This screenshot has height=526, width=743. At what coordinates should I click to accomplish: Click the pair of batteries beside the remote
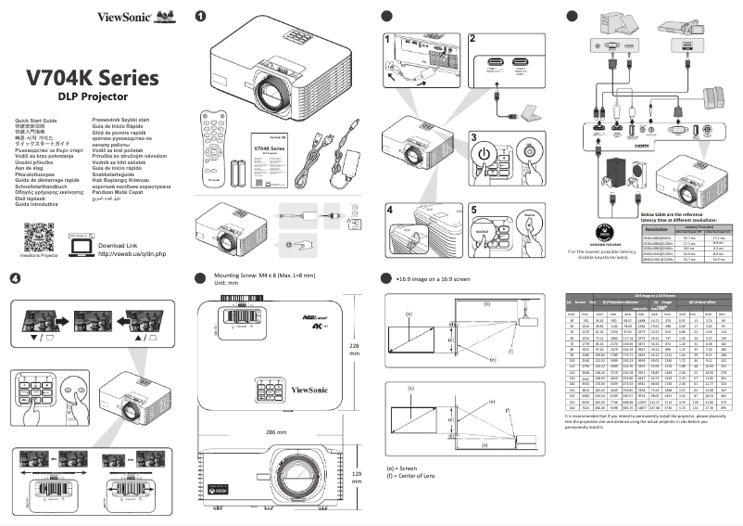pyautogui.click(x=240, y=173)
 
